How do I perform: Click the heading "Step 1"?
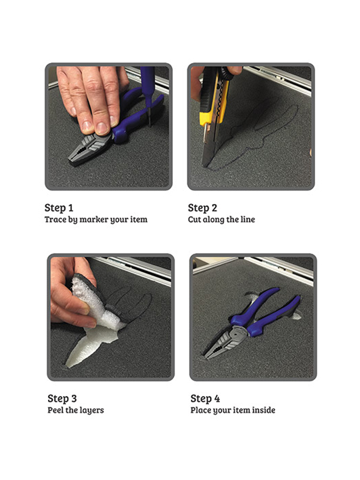59,208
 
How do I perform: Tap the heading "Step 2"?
202,208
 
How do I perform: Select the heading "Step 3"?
62,398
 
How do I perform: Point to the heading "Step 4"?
205,398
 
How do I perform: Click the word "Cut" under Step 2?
194,220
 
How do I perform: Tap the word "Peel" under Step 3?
55,410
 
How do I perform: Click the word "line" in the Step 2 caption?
248,220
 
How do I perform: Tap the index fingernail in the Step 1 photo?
102,128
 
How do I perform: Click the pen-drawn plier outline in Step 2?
257,131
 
